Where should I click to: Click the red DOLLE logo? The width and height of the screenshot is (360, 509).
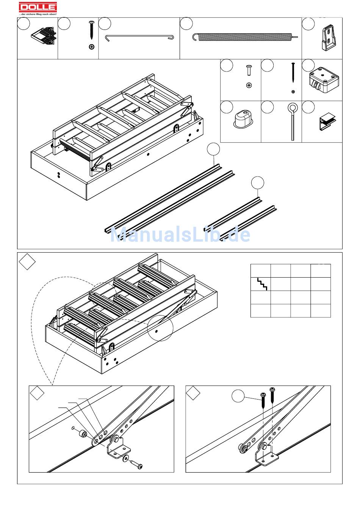38,7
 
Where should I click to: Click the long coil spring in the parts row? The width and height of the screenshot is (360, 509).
245,37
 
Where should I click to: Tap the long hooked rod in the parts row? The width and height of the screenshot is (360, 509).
139,38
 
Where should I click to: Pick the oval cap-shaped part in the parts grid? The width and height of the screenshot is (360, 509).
243,119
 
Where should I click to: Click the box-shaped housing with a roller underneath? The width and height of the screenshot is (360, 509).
324,80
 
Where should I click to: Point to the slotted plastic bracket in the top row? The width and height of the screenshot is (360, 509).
329,38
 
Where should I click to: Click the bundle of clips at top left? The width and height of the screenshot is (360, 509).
44,36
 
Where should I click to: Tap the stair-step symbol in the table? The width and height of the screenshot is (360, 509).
262,284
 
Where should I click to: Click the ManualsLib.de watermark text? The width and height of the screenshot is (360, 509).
180,234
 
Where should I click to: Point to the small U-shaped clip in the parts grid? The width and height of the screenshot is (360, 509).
327,122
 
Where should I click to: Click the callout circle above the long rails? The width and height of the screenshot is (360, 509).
213,149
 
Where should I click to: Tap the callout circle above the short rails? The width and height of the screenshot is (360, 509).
258,183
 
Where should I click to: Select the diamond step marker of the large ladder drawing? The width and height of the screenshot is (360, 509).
27,262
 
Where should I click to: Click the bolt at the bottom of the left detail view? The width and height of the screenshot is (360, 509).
136,464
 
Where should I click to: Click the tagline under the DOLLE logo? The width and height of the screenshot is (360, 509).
38,14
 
